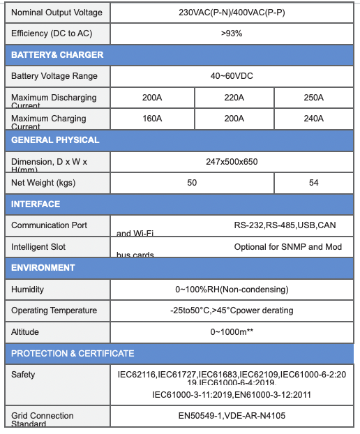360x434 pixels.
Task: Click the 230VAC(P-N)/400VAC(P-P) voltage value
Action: [232, 13]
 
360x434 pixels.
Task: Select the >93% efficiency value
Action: [232, 33]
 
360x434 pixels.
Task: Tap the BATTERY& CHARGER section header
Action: [57, 55]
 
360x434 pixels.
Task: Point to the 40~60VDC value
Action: [232, 76]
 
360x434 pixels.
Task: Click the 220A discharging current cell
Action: [234, 98]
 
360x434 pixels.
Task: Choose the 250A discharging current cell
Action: [313, 98]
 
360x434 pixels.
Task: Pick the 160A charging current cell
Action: [152, 119]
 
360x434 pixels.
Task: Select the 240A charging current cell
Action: [313, 119]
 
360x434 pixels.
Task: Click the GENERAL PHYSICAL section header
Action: [55, 140]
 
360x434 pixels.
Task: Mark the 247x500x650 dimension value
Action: [232, 162]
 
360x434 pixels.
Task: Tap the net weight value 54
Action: [314, 183]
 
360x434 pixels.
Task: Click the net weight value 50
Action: [192, 183]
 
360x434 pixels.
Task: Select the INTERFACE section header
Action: [36, 204]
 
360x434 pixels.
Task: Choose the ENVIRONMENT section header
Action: [43, 268]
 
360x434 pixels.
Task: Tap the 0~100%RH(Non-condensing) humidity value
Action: [232, 290]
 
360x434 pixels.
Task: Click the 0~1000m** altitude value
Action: [232, 332]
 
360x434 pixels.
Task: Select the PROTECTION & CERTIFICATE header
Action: [73, 354]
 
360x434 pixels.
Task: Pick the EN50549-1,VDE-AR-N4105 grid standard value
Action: [232, 416]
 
